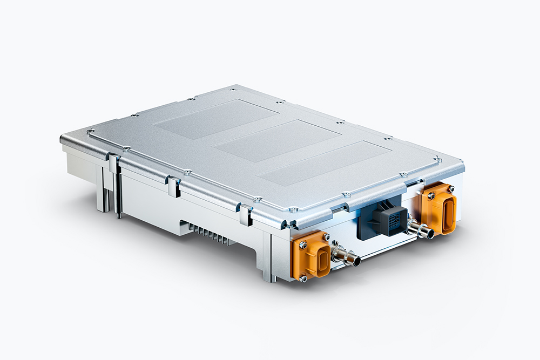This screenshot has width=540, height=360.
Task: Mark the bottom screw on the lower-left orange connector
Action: tap(303, 278)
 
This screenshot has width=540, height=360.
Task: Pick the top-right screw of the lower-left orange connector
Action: tap(326, 236)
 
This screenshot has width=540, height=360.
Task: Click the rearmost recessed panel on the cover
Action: tap(215, 119)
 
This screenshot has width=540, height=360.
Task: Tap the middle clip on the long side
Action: tap(173, 186)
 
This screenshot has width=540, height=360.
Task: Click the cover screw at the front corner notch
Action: tap(292, 210)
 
